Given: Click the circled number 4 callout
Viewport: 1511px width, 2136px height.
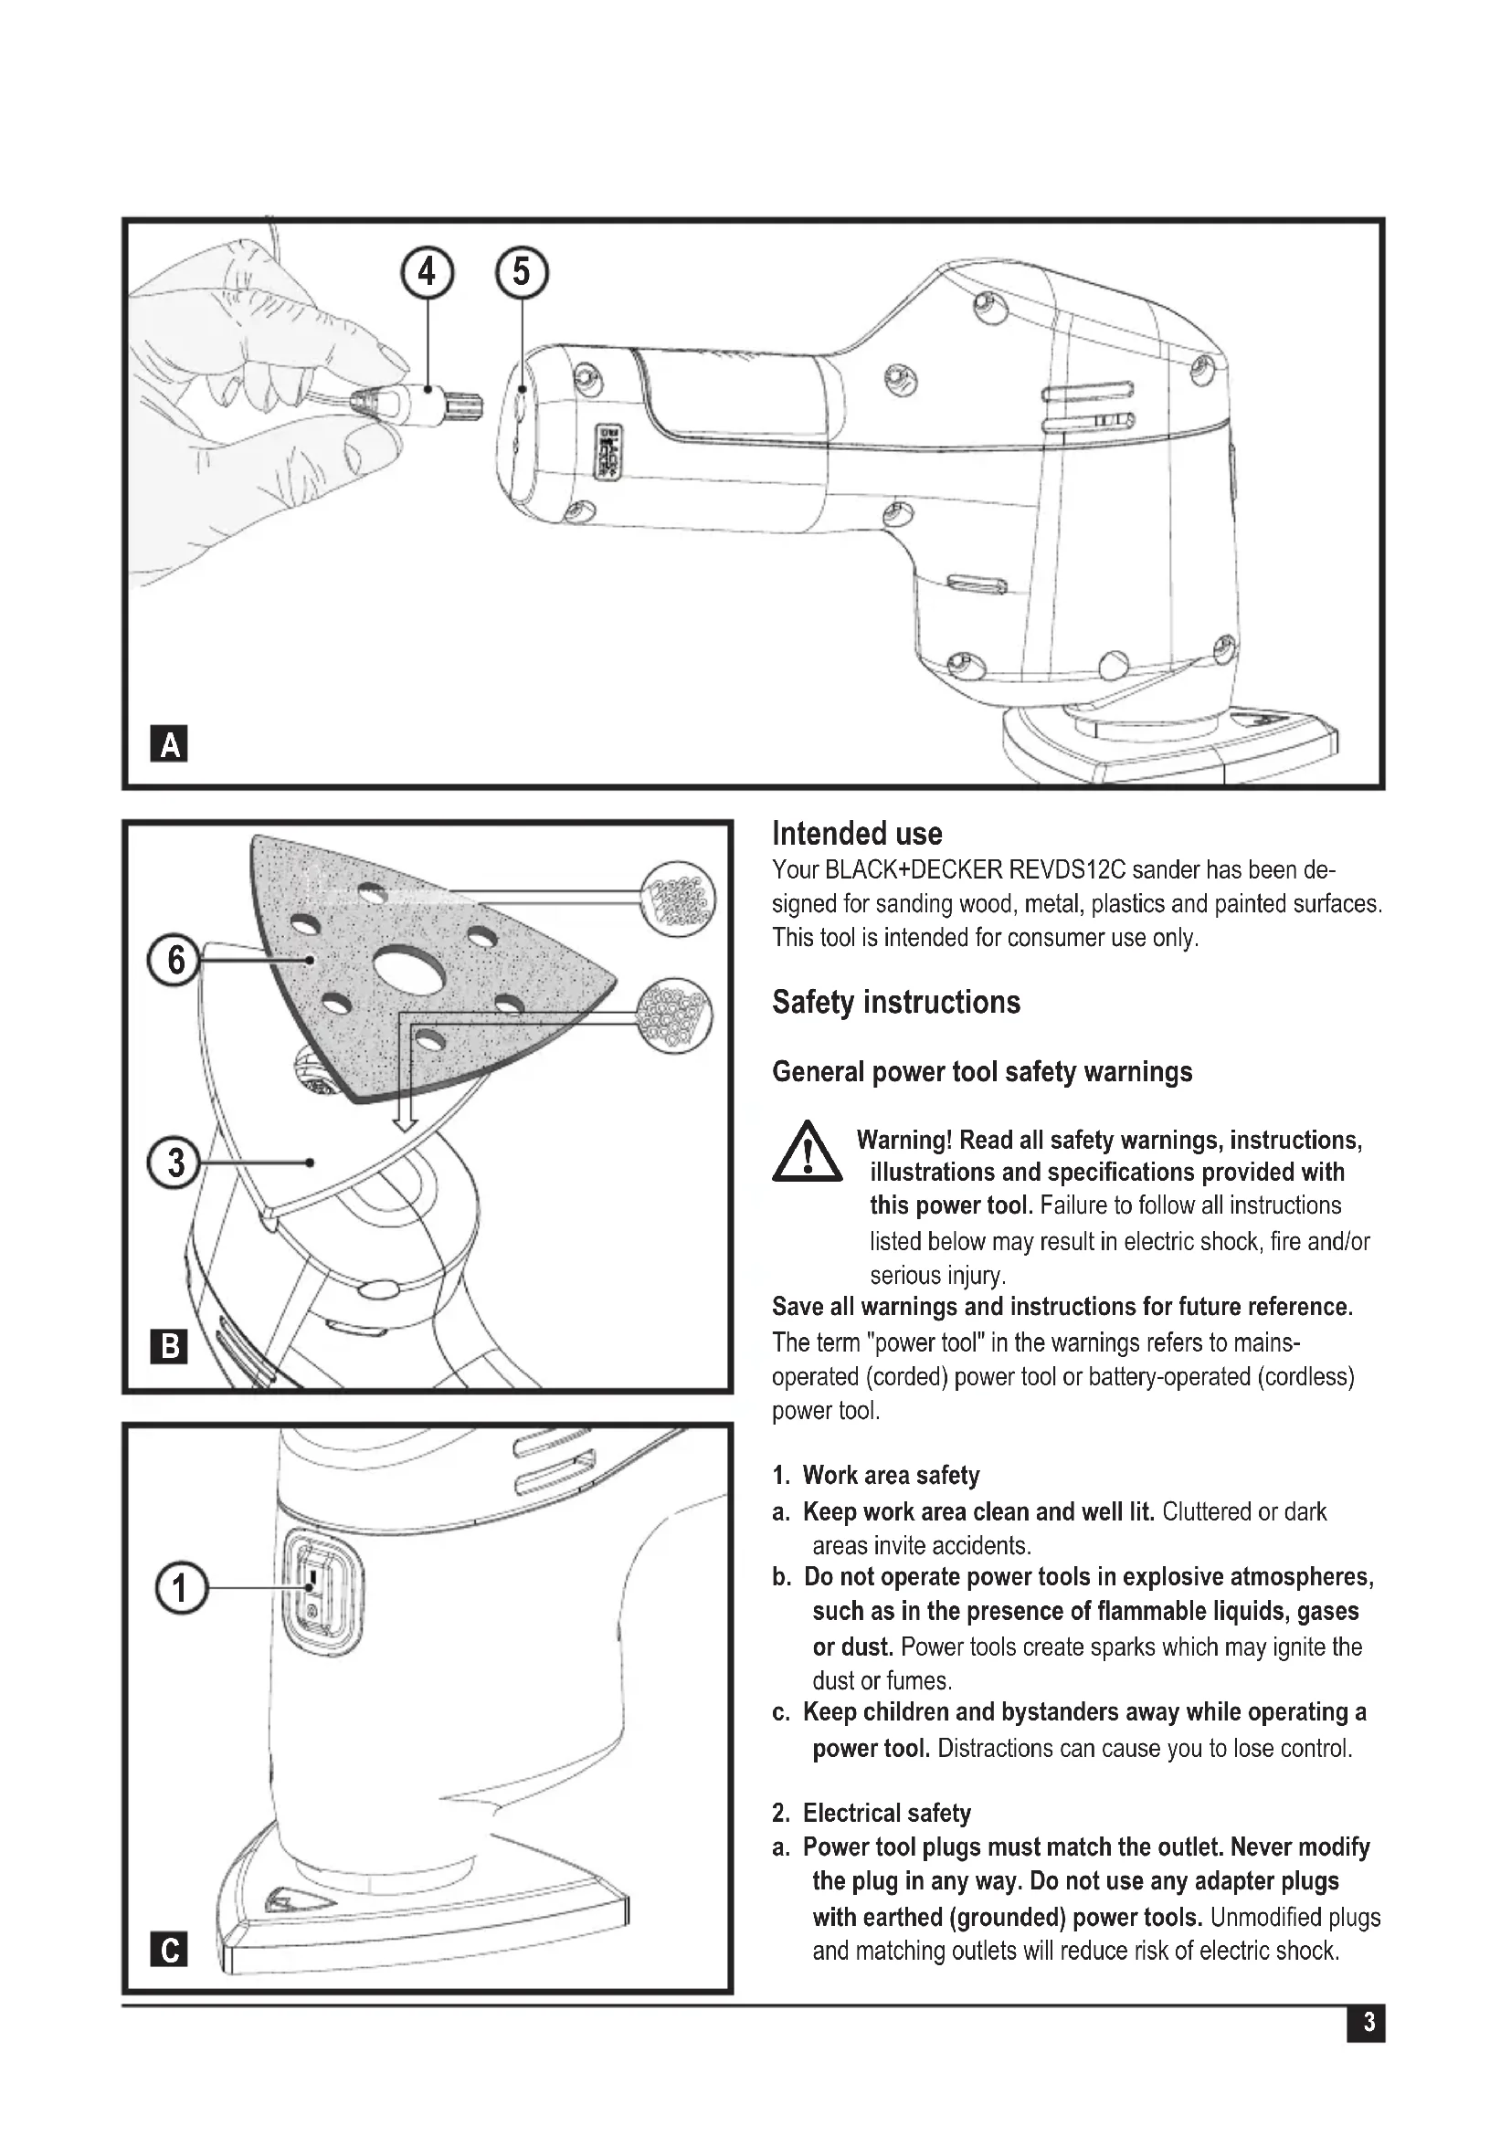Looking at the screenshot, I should (427, 272).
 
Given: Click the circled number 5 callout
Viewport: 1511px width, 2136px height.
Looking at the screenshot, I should (521, 272).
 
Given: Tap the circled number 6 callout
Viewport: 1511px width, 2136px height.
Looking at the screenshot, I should (174, 960).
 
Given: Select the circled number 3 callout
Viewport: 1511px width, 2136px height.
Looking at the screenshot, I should (174, 1163).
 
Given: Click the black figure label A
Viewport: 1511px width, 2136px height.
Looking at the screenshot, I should (169, 744).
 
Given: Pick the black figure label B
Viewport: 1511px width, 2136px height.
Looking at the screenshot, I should (169, 1347).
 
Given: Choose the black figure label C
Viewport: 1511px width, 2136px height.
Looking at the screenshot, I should (169, 1949).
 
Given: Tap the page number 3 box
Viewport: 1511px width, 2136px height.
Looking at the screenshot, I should (1366, 2023).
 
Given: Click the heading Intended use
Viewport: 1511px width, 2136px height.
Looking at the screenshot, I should (857, 834).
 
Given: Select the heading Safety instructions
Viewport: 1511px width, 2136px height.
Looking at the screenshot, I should (896, 1003).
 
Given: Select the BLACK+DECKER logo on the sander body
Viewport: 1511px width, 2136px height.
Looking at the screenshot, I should (605, 453).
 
